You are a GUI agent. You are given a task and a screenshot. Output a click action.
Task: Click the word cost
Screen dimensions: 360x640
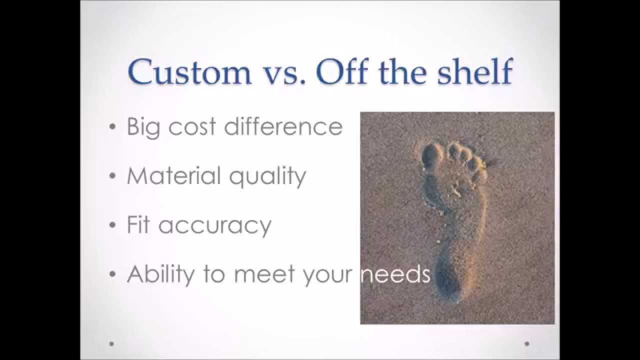click(x=193, y=127)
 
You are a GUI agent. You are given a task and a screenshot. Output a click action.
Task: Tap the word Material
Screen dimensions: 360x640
click(x=173, y=175)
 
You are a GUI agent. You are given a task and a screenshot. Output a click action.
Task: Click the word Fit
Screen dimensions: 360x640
click(x=138, y=224)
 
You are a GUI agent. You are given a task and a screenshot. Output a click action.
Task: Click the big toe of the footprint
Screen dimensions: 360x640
click(x=431, y=154)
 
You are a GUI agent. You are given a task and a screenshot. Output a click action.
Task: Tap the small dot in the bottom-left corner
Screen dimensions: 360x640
click(x=111, y=343)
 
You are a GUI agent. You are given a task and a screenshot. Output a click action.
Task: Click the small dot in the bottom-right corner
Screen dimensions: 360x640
click(x=527, y=343)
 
